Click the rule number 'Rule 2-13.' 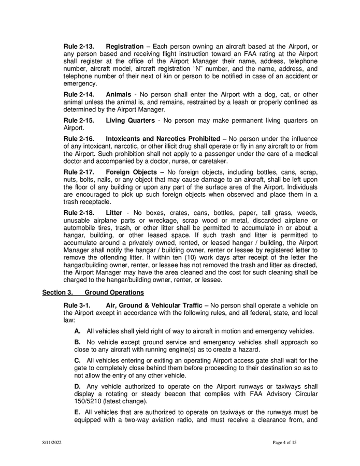point(79,47)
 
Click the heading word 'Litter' point(114,212)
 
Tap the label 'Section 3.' point(57,293)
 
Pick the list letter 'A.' point(78,331)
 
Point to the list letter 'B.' point(78,342)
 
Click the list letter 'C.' point(78,361)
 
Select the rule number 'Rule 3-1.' point(77,305)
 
